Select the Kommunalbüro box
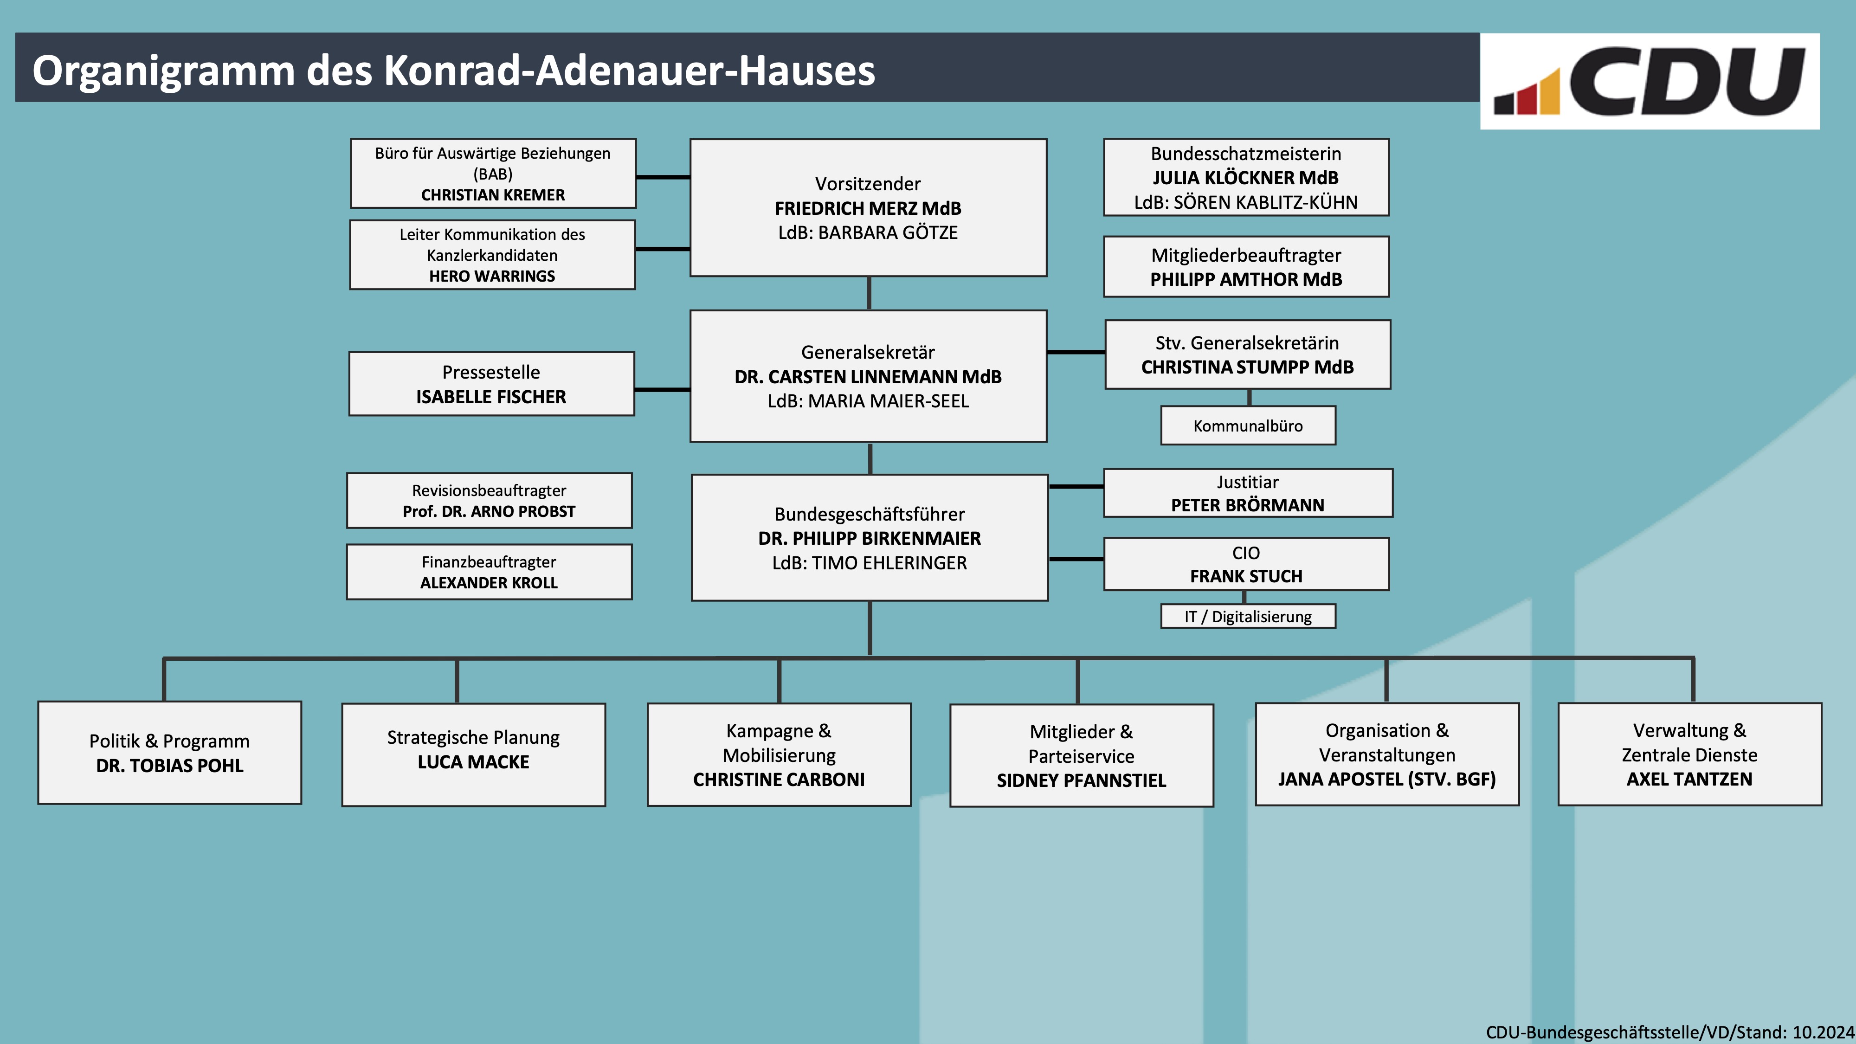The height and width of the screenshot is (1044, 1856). click(1248, 425)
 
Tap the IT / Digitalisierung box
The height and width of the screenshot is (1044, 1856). click(1248, 616)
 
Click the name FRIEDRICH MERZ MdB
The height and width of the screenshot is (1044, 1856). click(868, 208)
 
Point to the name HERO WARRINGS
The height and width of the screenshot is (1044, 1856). click(492, 276)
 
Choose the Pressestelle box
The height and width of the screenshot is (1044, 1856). click(491, 383)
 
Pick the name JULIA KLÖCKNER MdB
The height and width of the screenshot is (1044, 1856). click(1246, 178)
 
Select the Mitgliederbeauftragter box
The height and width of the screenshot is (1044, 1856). click(1246, 267)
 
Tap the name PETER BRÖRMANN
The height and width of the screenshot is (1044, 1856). click(1247, 505)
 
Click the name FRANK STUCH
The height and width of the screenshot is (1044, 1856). click(1246, 576)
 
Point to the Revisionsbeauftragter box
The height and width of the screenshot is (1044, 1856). click(489, 500)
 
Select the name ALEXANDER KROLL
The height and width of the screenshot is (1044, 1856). click(489, 583)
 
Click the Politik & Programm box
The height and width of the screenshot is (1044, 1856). click(169, 752)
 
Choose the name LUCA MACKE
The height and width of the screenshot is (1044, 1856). click(473, 762)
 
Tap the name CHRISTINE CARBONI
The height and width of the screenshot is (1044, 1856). click(779, 780)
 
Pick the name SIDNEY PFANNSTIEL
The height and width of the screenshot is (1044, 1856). click(1082, 780)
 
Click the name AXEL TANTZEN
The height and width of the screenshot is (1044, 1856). click(1689, 779)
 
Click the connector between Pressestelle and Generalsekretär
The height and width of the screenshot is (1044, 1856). click(662, 390)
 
